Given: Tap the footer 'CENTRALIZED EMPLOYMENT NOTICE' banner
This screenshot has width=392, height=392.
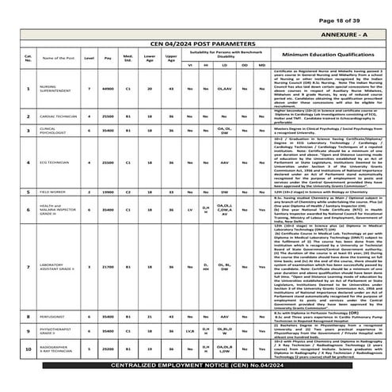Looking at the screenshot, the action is click(196, 384).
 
